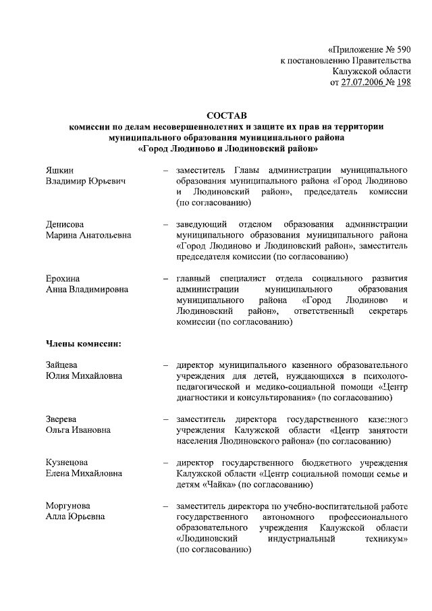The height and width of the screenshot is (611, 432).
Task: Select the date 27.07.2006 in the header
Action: click(362, 82)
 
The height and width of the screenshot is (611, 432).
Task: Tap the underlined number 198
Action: click(402, 82)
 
